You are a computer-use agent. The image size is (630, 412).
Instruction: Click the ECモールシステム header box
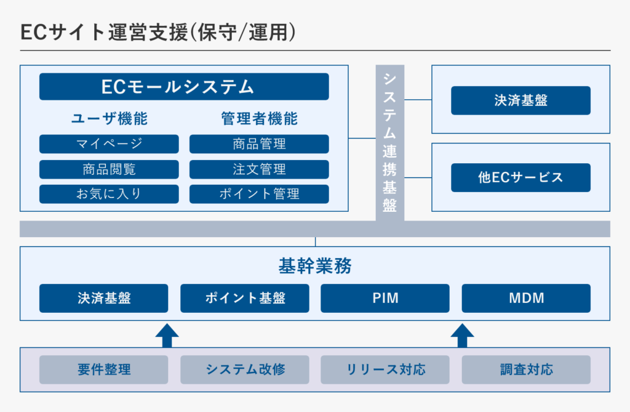tap(184, 86)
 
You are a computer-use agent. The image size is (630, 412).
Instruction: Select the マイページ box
tap(109, 143)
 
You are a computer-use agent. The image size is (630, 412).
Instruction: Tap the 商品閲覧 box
tap(109, 169)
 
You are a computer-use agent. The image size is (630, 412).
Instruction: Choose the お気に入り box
tap(109, 194)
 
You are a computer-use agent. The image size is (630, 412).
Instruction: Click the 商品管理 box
tap(259, 143)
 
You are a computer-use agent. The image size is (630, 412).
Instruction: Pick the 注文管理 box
tap(259, 169)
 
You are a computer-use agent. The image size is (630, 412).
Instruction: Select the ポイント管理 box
tap(259, 194)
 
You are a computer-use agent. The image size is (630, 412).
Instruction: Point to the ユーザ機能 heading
tap(110, 119)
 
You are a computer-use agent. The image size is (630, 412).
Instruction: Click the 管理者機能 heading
tap(260, 119)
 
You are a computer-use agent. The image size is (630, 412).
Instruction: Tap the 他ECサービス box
tap(520, 177)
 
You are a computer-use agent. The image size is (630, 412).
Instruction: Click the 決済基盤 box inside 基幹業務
tap(103, 298)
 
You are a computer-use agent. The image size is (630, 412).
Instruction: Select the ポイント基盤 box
tap(245, 298)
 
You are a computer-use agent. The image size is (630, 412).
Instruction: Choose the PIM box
tap(385, 298)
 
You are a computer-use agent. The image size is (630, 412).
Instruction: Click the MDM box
tap(527, 298)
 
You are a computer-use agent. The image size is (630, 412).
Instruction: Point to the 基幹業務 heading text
tap(315, 266)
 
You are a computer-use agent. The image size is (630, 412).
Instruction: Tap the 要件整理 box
tap(103, 370)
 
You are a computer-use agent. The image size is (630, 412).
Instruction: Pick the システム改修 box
tap(245, 370)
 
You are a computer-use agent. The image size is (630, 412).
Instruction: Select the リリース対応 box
tap(385, 370)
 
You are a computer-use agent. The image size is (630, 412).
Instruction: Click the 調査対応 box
tap(527, 370)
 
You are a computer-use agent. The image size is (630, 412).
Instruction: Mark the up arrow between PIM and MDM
tap(463, 336)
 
